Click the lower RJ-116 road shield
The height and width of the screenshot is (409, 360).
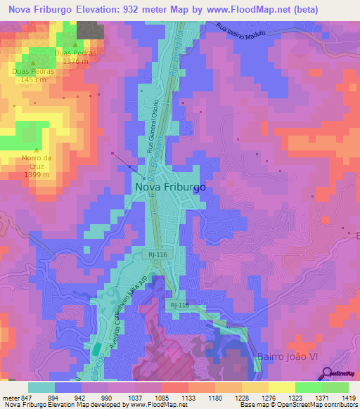coord(179,305)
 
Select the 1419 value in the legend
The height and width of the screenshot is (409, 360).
coord(345,398)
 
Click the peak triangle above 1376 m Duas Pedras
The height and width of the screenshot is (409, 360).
coord(75,44)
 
